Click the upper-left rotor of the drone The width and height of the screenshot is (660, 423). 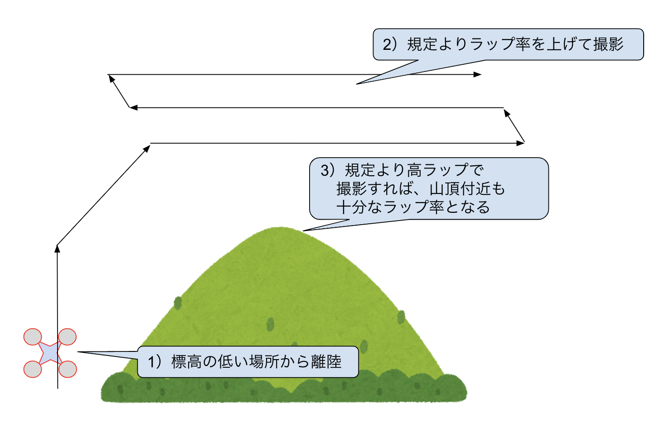tap(33, 337)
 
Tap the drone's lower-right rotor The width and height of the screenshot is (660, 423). tap(68, 369)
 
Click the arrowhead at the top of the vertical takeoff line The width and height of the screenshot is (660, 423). tap(57, 248)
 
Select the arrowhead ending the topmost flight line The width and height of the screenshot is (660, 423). tap(478, 74)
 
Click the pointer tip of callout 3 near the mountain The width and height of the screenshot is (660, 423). tap(304, 231)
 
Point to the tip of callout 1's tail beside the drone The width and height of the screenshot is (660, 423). tap(78, 352)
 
